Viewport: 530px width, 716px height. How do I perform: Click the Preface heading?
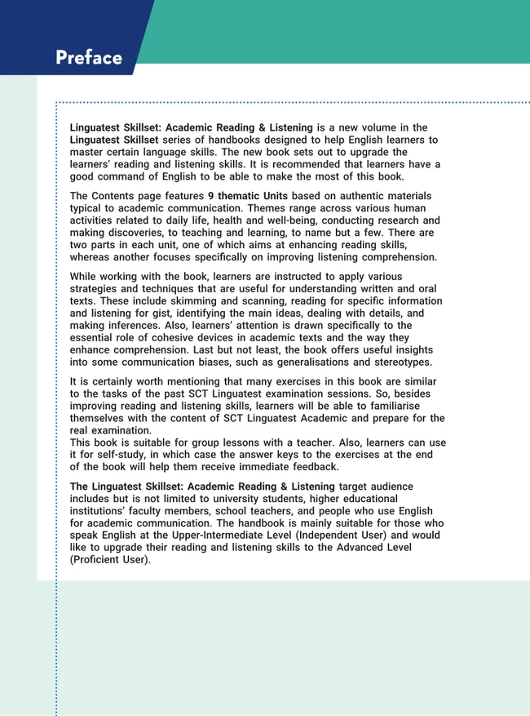click(89, 58)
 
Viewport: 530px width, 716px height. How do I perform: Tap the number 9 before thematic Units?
click(211, 197)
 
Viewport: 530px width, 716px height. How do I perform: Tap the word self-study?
click(120, 455)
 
